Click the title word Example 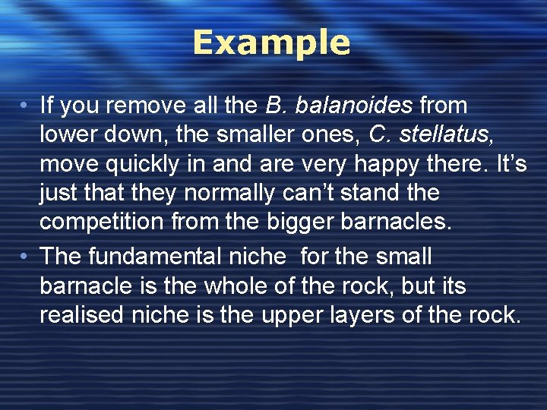[271, 43]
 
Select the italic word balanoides [355, 106]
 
